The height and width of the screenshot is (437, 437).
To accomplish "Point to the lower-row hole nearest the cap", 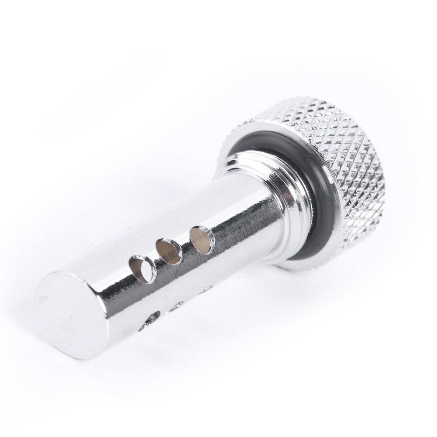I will (x=205, y=289).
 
